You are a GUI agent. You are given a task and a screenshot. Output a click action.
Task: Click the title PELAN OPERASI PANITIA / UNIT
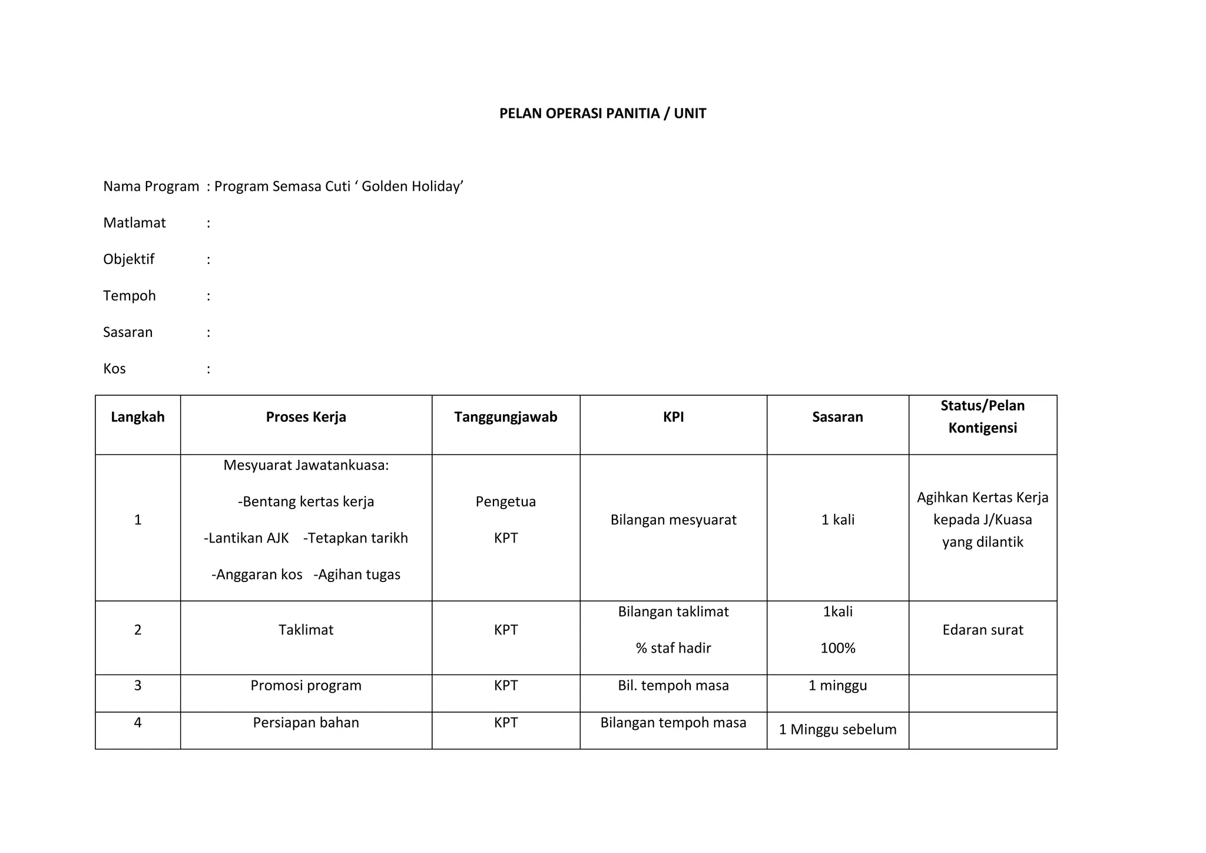pyautogui.click(x=602, y=114)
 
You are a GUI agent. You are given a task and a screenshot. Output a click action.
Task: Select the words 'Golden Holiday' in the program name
pyautogui.click(x=412, y=187)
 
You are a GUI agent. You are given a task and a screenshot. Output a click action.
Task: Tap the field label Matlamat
pyautogui.click(x=134, y=223)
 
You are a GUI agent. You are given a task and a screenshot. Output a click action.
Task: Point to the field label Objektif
pyautogui.click(x=128, y=260)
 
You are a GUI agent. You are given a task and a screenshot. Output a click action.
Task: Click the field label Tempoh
pyautogui.click(x=129, y=296)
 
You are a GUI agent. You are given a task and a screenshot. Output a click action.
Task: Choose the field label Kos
pyautogui.click(x=114, y=369)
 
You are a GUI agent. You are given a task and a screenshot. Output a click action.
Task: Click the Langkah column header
pyautogui.click(x=138, y=417)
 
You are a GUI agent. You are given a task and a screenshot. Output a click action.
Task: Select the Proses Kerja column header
pyautogui.click(x=306, y=417)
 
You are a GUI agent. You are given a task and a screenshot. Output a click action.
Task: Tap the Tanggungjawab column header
pyautogui.click(x=505, y=417)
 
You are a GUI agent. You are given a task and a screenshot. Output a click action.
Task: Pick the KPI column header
pyautogui.click(x=673, y=417)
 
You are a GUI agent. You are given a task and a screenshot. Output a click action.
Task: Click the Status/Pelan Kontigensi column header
pyautogui.click(x=982, y=416)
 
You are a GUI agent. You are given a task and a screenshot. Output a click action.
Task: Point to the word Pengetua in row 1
pyautogui.click(x=505, y=502)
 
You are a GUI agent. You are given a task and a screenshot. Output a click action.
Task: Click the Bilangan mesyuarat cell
pyautogui.click(x=673, y=520)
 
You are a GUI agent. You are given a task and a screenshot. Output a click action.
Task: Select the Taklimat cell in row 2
pyautogui.click(x=306, y=630)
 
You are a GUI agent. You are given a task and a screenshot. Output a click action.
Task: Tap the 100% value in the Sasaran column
pyautogui.click(x=837, y=649)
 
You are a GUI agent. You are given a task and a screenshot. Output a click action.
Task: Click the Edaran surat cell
pyautogui.click(x=982, y=630)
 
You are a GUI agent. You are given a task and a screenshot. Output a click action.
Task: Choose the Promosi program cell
pyautogui.click(x=306, y=686)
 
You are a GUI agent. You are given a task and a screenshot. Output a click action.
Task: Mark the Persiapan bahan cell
pyautogui.click(x=306, y=723)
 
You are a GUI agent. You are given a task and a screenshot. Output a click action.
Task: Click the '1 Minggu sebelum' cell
pyautogui.click(x=837, y=730)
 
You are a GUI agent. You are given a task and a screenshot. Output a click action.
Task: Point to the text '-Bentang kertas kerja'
pyautogui.click(x=306, y=502)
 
